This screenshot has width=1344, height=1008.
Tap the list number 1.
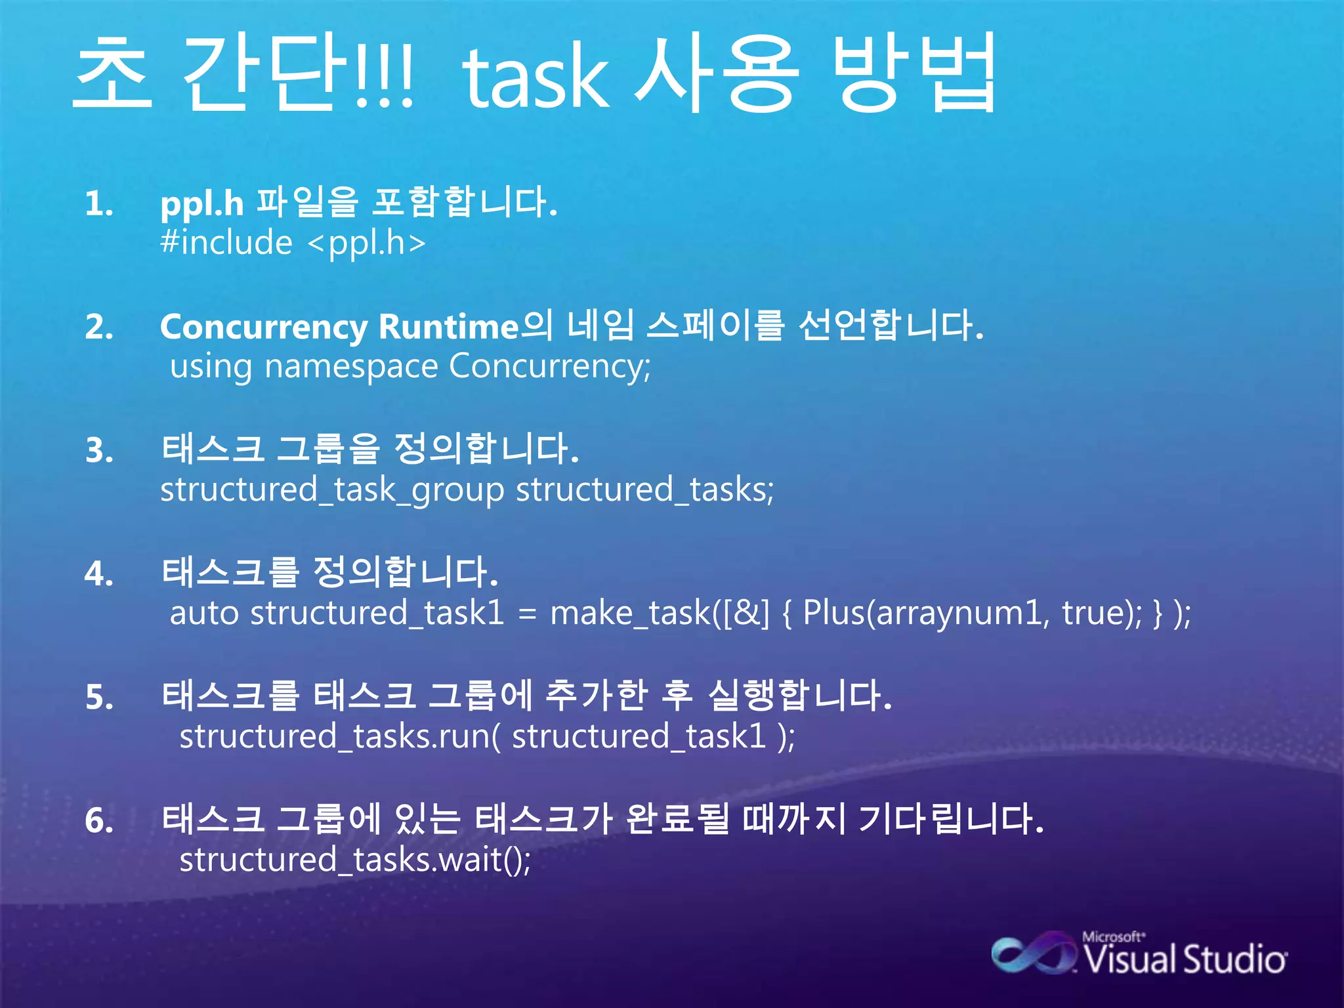coord(98,203)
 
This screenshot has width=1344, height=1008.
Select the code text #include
coord(226,243)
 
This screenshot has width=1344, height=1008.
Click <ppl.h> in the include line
coord(367,243)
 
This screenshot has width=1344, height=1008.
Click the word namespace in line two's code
coord(351,366)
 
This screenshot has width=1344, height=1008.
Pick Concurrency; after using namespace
coord(550,366)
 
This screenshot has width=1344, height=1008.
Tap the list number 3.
coord(99,451)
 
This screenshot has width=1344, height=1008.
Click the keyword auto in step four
coord(203,613)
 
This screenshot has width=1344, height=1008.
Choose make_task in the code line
coord(630,613)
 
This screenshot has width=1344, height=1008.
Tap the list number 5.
coord(99,697)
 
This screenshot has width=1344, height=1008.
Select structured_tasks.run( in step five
coord(339,736)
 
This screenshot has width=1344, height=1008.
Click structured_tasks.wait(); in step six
coord(355,860)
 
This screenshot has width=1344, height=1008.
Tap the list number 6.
coord(99,820)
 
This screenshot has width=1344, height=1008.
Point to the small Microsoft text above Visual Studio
coord(1113,936)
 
